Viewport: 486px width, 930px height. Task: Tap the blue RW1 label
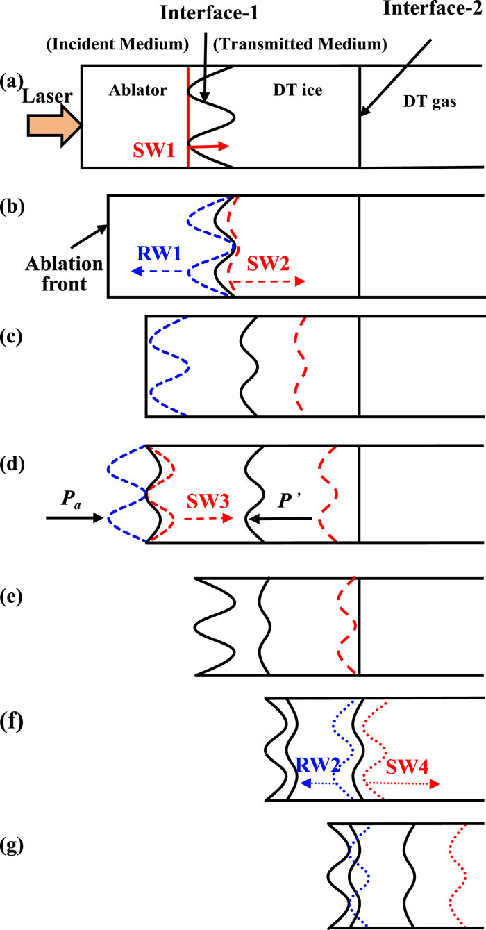pos(163,254)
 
